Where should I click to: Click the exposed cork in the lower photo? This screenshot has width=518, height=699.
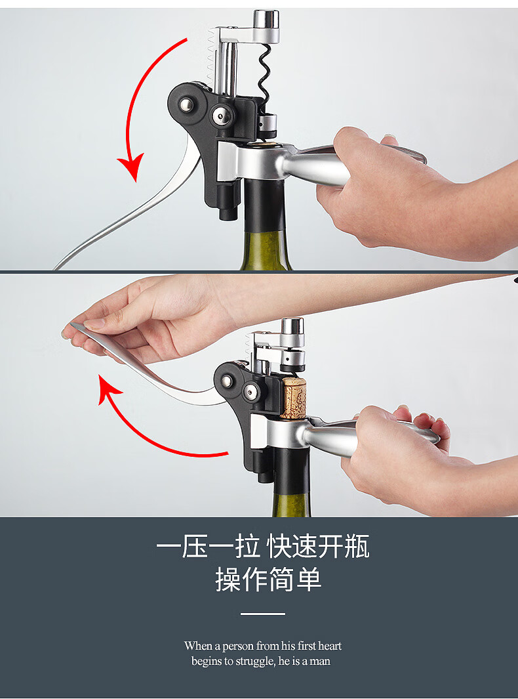tap(293, 398)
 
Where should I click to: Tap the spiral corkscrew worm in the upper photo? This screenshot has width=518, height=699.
tap(264, 75)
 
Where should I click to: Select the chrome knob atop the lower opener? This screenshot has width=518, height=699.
tap(292, 330)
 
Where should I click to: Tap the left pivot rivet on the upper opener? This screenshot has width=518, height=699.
tap(186, 105)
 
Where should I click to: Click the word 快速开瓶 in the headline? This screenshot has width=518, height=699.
tap(318, 547)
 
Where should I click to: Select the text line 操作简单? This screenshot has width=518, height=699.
tap(268, 580)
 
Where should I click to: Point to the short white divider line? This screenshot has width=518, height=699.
tap(263, 614)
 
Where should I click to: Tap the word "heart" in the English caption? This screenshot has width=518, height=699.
tap(330, 645)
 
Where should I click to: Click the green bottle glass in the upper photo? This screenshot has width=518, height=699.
tap(266, 249)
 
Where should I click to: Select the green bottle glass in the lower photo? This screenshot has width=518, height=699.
tap(291, 505)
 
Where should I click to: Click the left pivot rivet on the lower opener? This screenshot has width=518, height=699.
tap(227, 381)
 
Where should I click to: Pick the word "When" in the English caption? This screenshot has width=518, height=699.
tap(198, 645)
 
